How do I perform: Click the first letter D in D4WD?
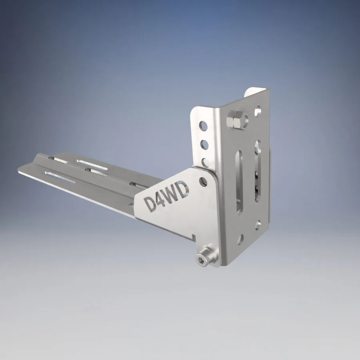pos(151,203)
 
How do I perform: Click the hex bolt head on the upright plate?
pos(234,120)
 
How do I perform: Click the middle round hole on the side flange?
pos(204,144)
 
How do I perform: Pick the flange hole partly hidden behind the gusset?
pos(206,162)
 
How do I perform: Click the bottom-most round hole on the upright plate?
pos(240,240)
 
